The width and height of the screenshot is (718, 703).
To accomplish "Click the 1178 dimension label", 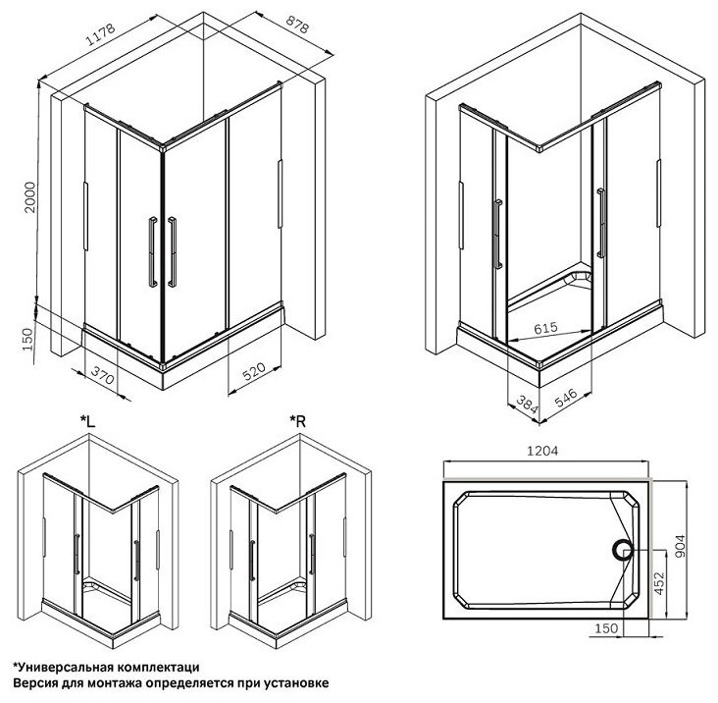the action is tap(101, 35).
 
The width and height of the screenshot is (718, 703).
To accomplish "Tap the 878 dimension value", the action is tap(297, 24).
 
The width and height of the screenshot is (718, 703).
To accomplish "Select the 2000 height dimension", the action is tap(29, 197).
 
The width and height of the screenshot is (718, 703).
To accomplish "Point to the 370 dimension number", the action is tap(102, 375).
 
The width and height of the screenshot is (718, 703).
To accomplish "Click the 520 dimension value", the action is tap(254, 371).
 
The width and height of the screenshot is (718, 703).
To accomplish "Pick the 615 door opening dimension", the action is tap(545, 328).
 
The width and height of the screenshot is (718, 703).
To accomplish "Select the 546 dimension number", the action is tap(566, 399).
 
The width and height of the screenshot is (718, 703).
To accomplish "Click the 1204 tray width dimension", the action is tap(542, 451).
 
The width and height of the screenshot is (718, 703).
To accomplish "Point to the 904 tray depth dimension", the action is tap(680, 546).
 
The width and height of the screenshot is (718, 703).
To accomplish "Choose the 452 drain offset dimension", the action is tap(659, 583).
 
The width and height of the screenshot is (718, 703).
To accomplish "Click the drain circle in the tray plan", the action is tap(622, 550).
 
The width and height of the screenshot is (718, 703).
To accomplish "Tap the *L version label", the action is tap(87, 420).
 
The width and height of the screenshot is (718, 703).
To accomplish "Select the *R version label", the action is tap(297, 420).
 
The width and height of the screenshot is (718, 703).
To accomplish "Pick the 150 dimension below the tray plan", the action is tap(606, 627).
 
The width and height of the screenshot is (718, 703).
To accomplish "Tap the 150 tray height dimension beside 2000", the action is tap(28, 340).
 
